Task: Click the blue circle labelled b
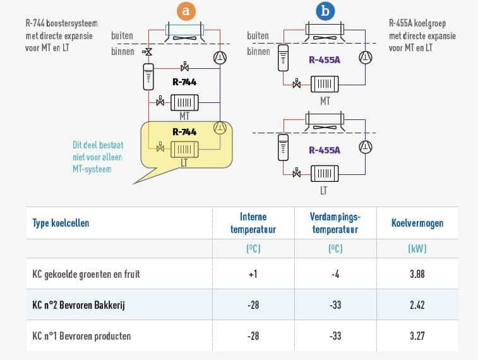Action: [325, 11]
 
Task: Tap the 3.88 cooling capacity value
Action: [417, 274]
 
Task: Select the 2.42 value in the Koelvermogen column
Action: [417, 305]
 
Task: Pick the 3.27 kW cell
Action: [417, 336]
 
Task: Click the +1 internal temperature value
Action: [253, 274]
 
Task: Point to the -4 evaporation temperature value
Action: [335, 274]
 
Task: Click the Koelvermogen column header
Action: [417, 223]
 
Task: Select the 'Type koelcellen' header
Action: [61, 223]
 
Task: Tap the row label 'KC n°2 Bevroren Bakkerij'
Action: [79, 305]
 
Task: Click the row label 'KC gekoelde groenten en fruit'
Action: [86, 274]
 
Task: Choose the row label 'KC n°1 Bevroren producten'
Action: [81, 336]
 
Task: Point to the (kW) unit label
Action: [417, 249]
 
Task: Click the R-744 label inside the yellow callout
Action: [184, 132]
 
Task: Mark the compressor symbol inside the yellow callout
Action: [220, 128]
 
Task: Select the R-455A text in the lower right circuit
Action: [325, 150]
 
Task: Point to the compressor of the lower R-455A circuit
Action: [366, 148]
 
